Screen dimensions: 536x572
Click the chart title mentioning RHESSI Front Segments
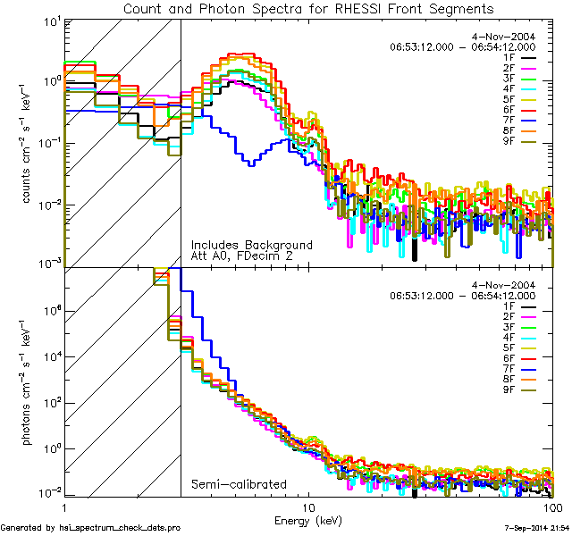(x=309, y=8)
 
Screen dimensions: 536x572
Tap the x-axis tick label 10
(x=309, y=507)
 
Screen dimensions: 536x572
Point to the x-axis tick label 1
(x=64, y=507)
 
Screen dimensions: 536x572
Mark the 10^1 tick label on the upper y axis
(x=47, y=19)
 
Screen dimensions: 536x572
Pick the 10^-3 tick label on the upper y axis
(x=46, y=264)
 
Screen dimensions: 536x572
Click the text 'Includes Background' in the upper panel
(x=251, y=245)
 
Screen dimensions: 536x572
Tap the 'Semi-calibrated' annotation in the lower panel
(x=238, y=485)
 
